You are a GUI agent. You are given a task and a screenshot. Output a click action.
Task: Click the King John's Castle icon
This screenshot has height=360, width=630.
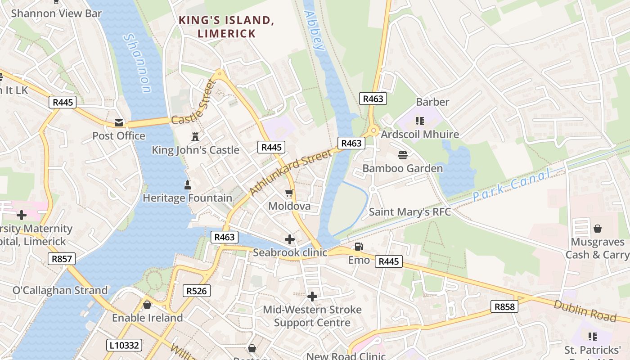[x=195, y=137]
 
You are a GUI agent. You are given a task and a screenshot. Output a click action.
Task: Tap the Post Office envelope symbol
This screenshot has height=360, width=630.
[x=119, y=123]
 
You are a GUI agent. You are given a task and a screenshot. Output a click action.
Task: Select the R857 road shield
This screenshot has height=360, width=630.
[x=62, y=259]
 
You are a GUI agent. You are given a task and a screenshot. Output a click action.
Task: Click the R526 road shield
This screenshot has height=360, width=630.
[x=197, y=291]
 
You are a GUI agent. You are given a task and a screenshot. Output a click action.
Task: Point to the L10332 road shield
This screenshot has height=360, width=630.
[x=125, y=346]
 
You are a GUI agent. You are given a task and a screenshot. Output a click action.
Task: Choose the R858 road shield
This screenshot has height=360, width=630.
[x=504, y=307]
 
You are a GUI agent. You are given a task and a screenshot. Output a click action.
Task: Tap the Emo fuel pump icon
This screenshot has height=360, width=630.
[x=359, y=247]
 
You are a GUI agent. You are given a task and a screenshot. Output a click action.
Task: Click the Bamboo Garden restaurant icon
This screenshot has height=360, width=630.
[x=403, y=155]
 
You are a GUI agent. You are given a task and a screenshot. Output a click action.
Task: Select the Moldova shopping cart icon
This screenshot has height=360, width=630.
[x=289, y=193]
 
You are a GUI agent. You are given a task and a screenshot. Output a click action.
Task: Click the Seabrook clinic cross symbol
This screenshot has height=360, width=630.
[x=290, y=239]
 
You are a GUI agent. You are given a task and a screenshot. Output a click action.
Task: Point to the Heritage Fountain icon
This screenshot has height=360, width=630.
[x=188, y=184]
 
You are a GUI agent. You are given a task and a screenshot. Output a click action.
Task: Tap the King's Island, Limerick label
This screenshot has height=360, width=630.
[x=226, y=27]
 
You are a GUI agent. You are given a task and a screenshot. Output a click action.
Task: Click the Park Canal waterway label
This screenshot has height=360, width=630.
[x=511, y=186]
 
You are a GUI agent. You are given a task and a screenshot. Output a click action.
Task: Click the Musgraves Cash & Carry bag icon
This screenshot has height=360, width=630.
[x=597, y=229]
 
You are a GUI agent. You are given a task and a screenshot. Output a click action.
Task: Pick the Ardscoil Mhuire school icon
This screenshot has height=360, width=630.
[x=420, y=121]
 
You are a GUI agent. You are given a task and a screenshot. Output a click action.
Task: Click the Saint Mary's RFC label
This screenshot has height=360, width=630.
[x=409, y=211]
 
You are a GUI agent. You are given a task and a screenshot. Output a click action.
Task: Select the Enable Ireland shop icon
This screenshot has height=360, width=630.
[x=147, y=305]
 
